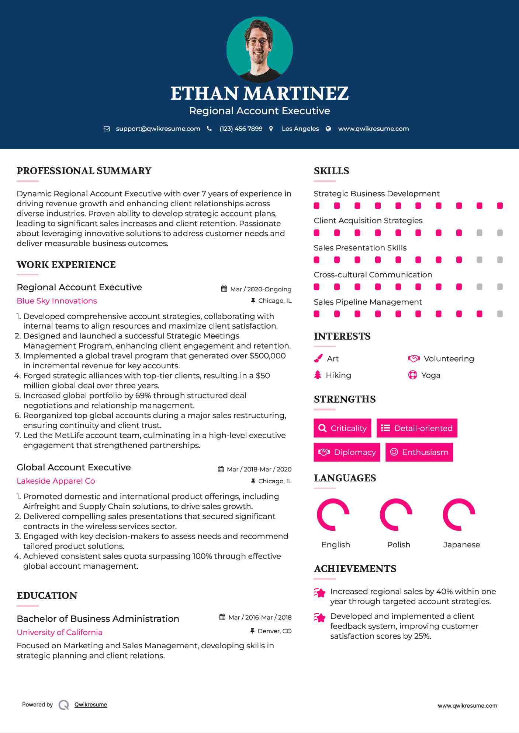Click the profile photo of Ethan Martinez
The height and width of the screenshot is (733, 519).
pos(259,49)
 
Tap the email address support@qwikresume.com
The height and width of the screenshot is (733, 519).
pos(158,129)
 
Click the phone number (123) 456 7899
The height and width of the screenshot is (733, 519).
pos(241,129)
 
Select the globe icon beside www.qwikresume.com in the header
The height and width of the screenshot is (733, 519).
pos(328,129)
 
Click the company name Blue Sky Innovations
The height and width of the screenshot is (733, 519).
pos(57,301)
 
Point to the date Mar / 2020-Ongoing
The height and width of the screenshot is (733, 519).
pos(260,289)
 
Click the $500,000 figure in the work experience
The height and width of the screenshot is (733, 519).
pos(267,356)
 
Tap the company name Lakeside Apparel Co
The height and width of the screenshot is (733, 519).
pos(56,481)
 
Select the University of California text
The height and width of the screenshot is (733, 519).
pos(59,632)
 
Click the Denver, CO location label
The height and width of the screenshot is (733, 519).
pos(274,631)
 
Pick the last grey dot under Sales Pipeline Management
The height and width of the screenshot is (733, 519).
pos(500,314)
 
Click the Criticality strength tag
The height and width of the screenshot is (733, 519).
pos(342,428)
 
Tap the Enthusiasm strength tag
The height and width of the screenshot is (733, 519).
pos(419,452)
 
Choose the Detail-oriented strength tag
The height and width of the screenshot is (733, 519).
pos(417,428)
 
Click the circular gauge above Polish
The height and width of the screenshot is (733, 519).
pos(396,515)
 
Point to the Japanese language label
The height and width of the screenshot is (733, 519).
pos(461,545)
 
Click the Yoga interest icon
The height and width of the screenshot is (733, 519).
pos(412,375)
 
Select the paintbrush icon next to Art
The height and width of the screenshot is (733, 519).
pos(318,358)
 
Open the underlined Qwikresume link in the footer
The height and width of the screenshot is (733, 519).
pos(91,705)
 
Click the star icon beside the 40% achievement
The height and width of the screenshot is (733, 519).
pos(320,593)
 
